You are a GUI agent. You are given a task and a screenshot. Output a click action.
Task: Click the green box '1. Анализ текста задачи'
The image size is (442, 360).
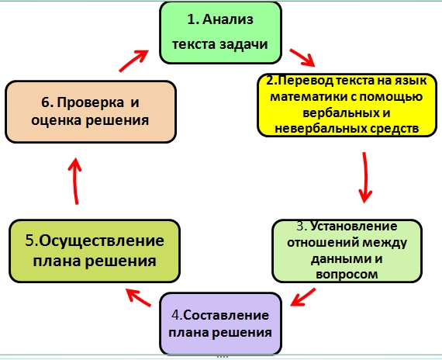pyautogui.click(x=221, y=33)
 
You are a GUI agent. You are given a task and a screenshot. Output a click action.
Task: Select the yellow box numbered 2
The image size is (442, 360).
pyautogui.click(x=347, y=105)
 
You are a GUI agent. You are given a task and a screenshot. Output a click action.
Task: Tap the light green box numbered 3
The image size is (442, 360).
pyautogui.click(x=347, y=251)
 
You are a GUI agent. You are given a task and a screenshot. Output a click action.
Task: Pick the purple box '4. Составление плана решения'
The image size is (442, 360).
pyautogui.click(x=221, y=324)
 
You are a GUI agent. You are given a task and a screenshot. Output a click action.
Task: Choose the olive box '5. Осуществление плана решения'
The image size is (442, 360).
pyautogui.click(x=95, y=251)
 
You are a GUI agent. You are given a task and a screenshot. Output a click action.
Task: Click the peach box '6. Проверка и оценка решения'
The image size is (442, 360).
pyautogui.click(x=91, y=112)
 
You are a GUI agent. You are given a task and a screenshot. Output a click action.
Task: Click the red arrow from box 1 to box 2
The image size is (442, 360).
pyautogui.click(x=302, y=57)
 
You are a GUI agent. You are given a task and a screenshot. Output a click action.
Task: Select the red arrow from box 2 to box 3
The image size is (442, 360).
pyautogui.click(x=365, y=178)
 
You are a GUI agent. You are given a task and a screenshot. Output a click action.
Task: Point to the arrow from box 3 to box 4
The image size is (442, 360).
pyautogui.click(x=302, y=297)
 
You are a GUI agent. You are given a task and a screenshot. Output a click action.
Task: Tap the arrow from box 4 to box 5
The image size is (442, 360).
pyautogui.click(x=138, y=297)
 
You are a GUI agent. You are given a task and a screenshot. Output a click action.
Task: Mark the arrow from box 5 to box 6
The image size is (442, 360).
pyautogui.click(x=75, y=181)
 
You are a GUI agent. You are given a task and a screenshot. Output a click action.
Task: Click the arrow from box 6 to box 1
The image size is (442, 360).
pyautogui.click(x=134, y=61)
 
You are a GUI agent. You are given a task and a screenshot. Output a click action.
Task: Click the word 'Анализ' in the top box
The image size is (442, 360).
pyautogui.click(x=228, y=19)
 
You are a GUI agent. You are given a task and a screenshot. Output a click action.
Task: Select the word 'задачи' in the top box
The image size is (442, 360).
pyautogui.click(x=243, y=44)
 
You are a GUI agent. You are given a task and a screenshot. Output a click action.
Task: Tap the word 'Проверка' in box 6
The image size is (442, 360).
pyautogui.click(x=91, y=102)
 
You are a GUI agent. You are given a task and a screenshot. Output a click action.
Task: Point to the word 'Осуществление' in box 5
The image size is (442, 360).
pyautogui.click(x=102, y=241)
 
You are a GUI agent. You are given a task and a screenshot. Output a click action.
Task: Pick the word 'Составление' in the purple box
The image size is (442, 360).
pyautogui.click(x=226, y=315)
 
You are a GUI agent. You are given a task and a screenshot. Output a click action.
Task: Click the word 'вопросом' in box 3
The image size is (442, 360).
pyautogui.click(x=347, y=274)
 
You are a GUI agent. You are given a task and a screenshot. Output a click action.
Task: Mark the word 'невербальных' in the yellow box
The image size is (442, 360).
pyautogui.click(x=318, y=129)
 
